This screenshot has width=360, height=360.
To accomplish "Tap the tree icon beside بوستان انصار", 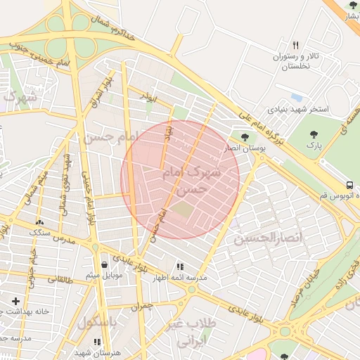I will [245, 137].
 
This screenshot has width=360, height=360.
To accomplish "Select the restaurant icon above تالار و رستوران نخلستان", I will [295, 45].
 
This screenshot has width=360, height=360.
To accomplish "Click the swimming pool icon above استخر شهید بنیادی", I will [296, 97].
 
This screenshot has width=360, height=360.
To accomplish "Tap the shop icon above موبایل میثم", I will [105, 265].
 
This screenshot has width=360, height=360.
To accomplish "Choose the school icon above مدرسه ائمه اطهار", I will [180, 266].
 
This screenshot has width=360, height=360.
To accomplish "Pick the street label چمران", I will [141, 307].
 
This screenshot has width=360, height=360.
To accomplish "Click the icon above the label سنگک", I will [38, 223].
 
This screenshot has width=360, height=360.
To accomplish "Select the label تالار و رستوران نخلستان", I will [296, 61].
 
